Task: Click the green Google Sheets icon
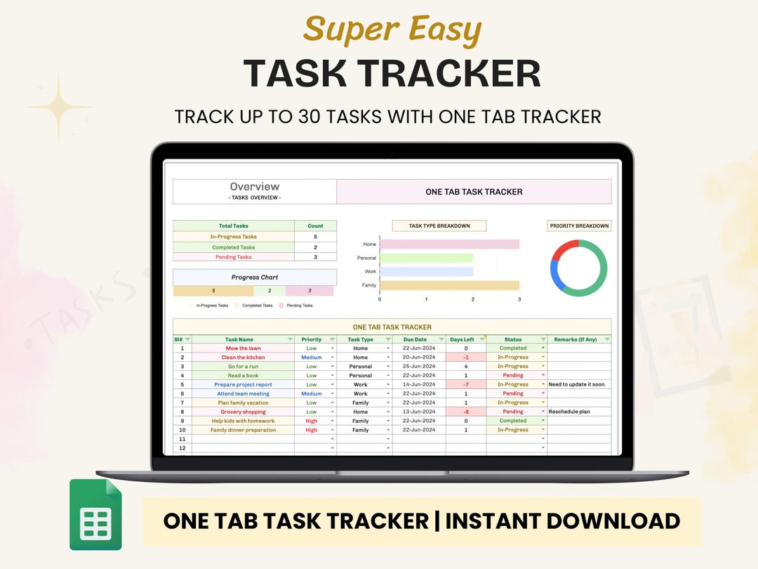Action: pos(95,515)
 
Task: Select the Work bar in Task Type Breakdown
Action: pos(426,271)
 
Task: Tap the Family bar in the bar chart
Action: pos(449,285)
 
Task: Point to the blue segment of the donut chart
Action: pos(554,275)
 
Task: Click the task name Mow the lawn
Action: pos(243,348)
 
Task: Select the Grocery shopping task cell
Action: pos(243,412)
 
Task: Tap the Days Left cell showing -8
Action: pos(466,412)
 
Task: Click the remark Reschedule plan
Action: pos(569,412)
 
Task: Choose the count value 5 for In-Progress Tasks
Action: pos(315,237)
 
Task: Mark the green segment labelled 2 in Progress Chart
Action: pos(270,291)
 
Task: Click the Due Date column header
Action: pos(415,339)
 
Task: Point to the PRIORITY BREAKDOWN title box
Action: pos(579,226)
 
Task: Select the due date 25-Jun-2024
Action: pos(415,367)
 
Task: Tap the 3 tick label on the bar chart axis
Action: pos(519,299)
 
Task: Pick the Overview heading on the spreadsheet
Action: pos(254,187)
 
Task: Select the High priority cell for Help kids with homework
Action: pos(312,421)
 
